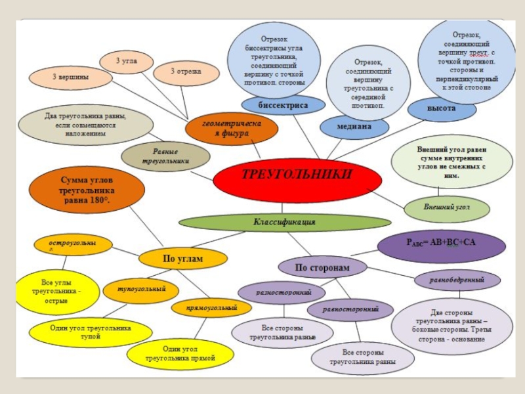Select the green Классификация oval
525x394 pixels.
click(285, 223)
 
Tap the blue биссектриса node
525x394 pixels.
click(283, 104)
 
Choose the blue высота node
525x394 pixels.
click(442, 109)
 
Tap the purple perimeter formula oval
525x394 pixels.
click(442, 245)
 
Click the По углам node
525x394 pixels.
click(183, 259)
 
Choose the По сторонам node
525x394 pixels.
click(322, 268)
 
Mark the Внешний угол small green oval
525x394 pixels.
click(447, 208)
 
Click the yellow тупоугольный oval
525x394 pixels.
click(141, 290)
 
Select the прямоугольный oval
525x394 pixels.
click(211, 307)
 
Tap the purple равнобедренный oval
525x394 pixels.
click(457, 280)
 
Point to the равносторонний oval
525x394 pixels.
click(350, 309)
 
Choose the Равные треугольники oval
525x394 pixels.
click(166, 156)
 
